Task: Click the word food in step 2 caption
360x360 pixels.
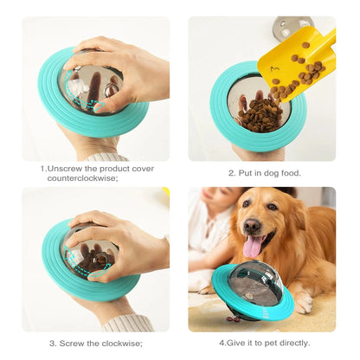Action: [x=288, y=173]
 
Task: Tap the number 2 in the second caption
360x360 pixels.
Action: [x=231, y=173]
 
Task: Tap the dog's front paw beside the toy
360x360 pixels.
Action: [x=303, y=302]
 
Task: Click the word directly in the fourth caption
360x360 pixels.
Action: [x=291, y=343]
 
